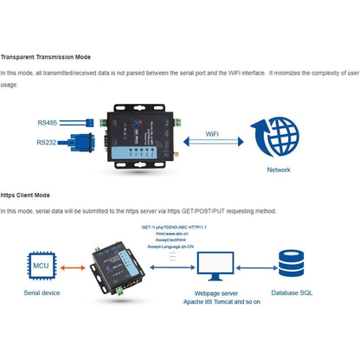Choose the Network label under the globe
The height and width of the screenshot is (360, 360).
point(279,170)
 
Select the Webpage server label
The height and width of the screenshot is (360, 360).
point(211,295)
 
